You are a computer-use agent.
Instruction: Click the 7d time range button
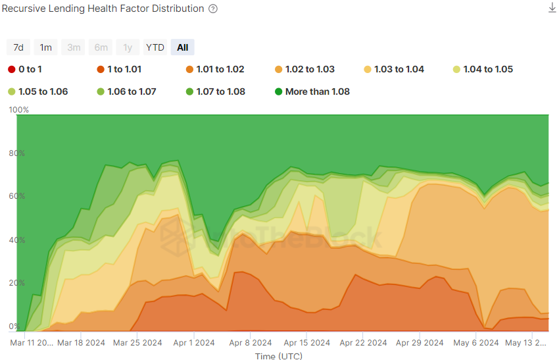(x=18, y=47)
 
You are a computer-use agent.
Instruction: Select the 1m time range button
(x=45, y=47)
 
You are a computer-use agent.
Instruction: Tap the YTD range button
(x=155, y=47)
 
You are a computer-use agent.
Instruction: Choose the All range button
(x=182, y=47)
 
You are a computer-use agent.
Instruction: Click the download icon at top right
(x=552, y=8)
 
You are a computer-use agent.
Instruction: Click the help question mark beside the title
(x=212, y=9)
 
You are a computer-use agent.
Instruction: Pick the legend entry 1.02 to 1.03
(x=304, y=69)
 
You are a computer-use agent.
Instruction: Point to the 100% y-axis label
(x=18, y=110)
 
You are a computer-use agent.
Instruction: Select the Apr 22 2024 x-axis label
(x=364, y=343)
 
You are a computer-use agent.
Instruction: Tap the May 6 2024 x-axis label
(x=476, y=343)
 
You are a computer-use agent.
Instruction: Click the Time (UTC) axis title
(x=278, y=355)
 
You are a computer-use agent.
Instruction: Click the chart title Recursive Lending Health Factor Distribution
(x=103, y=9)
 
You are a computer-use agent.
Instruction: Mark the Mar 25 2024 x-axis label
(x=137, y=343)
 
